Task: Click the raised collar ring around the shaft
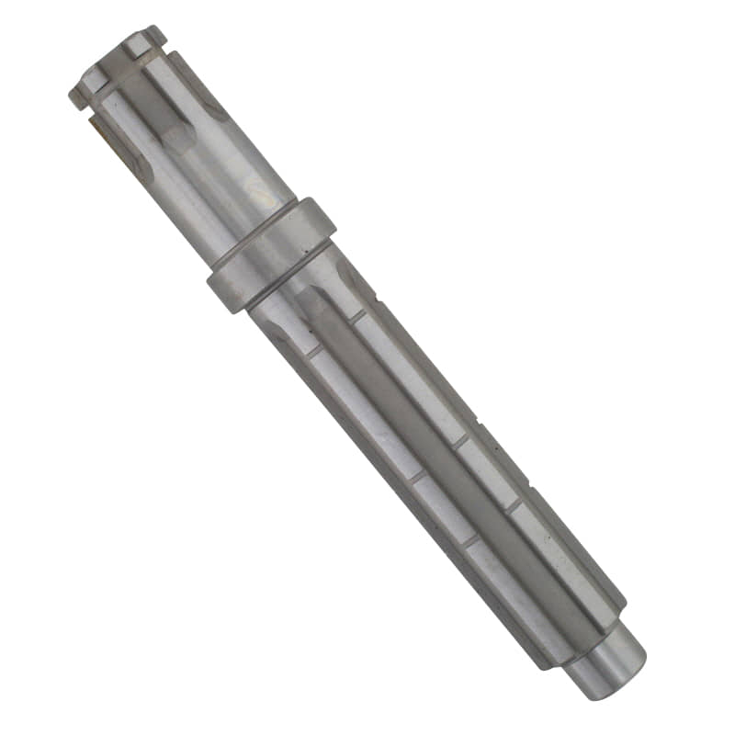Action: tap(271, 254)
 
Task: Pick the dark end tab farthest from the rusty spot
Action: tap(155, 34)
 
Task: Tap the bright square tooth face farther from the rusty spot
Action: tap(134, 43)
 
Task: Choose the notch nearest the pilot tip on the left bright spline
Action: tap(470, 542)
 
